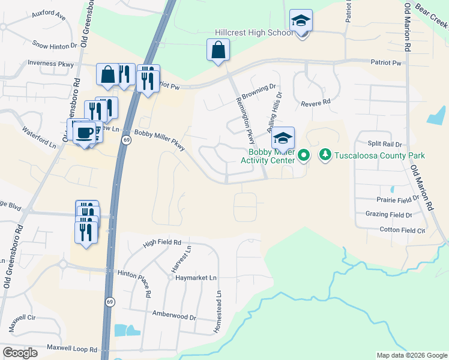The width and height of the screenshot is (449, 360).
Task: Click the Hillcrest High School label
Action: click(x=255, y=33)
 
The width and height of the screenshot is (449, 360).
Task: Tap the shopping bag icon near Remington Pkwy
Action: click(x=218, y=50)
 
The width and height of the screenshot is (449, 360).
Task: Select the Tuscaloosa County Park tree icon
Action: click(x=325, y=155)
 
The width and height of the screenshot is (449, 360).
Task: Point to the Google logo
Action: click(x=20, y=353)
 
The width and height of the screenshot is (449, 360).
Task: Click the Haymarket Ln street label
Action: click(x=196, y=277)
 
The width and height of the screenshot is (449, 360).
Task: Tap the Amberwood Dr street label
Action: click(x=174, y=316)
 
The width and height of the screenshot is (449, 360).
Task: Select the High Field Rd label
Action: click(x=162, y=243)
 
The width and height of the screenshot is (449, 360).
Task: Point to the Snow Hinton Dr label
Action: click(x=55, y=45)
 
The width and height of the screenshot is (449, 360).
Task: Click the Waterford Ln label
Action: click(x=39, y=137)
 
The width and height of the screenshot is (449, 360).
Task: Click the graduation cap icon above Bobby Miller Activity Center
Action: click(x=283, y=139)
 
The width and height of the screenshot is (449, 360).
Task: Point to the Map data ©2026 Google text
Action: click(x=411, y=355)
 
